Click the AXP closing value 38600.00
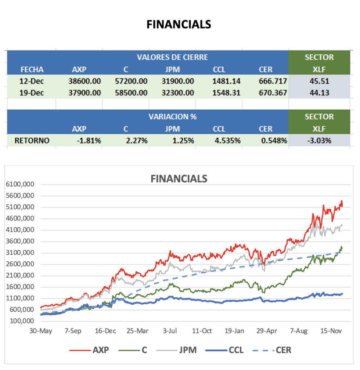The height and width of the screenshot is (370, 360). coord(84,81)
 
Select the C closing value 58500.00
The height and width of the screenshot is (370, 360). coord(131,93)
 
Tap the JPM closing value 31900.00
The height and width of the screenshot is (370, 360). coord(178,81)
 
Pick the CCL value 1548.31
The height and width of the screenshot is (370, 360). coord(226,93)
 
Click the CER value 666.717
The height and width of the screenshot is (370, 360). coord(273,81)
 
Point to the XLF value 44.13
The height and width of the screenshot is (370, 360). coord(319,93)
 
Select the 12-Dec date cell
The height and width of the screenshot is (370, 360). coord(32,81)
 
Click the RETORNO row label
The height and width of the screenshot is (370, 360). coord(32,141)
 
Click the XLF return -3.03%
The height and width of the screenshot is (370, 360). coord(319,141)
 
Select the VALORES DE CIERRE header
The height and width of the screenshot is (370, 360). coord(172,57)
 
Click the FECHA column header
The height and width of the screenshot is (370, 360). coord(32,69)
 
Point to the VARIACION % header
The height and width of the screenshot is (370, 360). coord(172,117)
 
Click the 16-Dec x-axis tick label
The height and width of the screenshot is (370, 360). coord(105,331)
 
